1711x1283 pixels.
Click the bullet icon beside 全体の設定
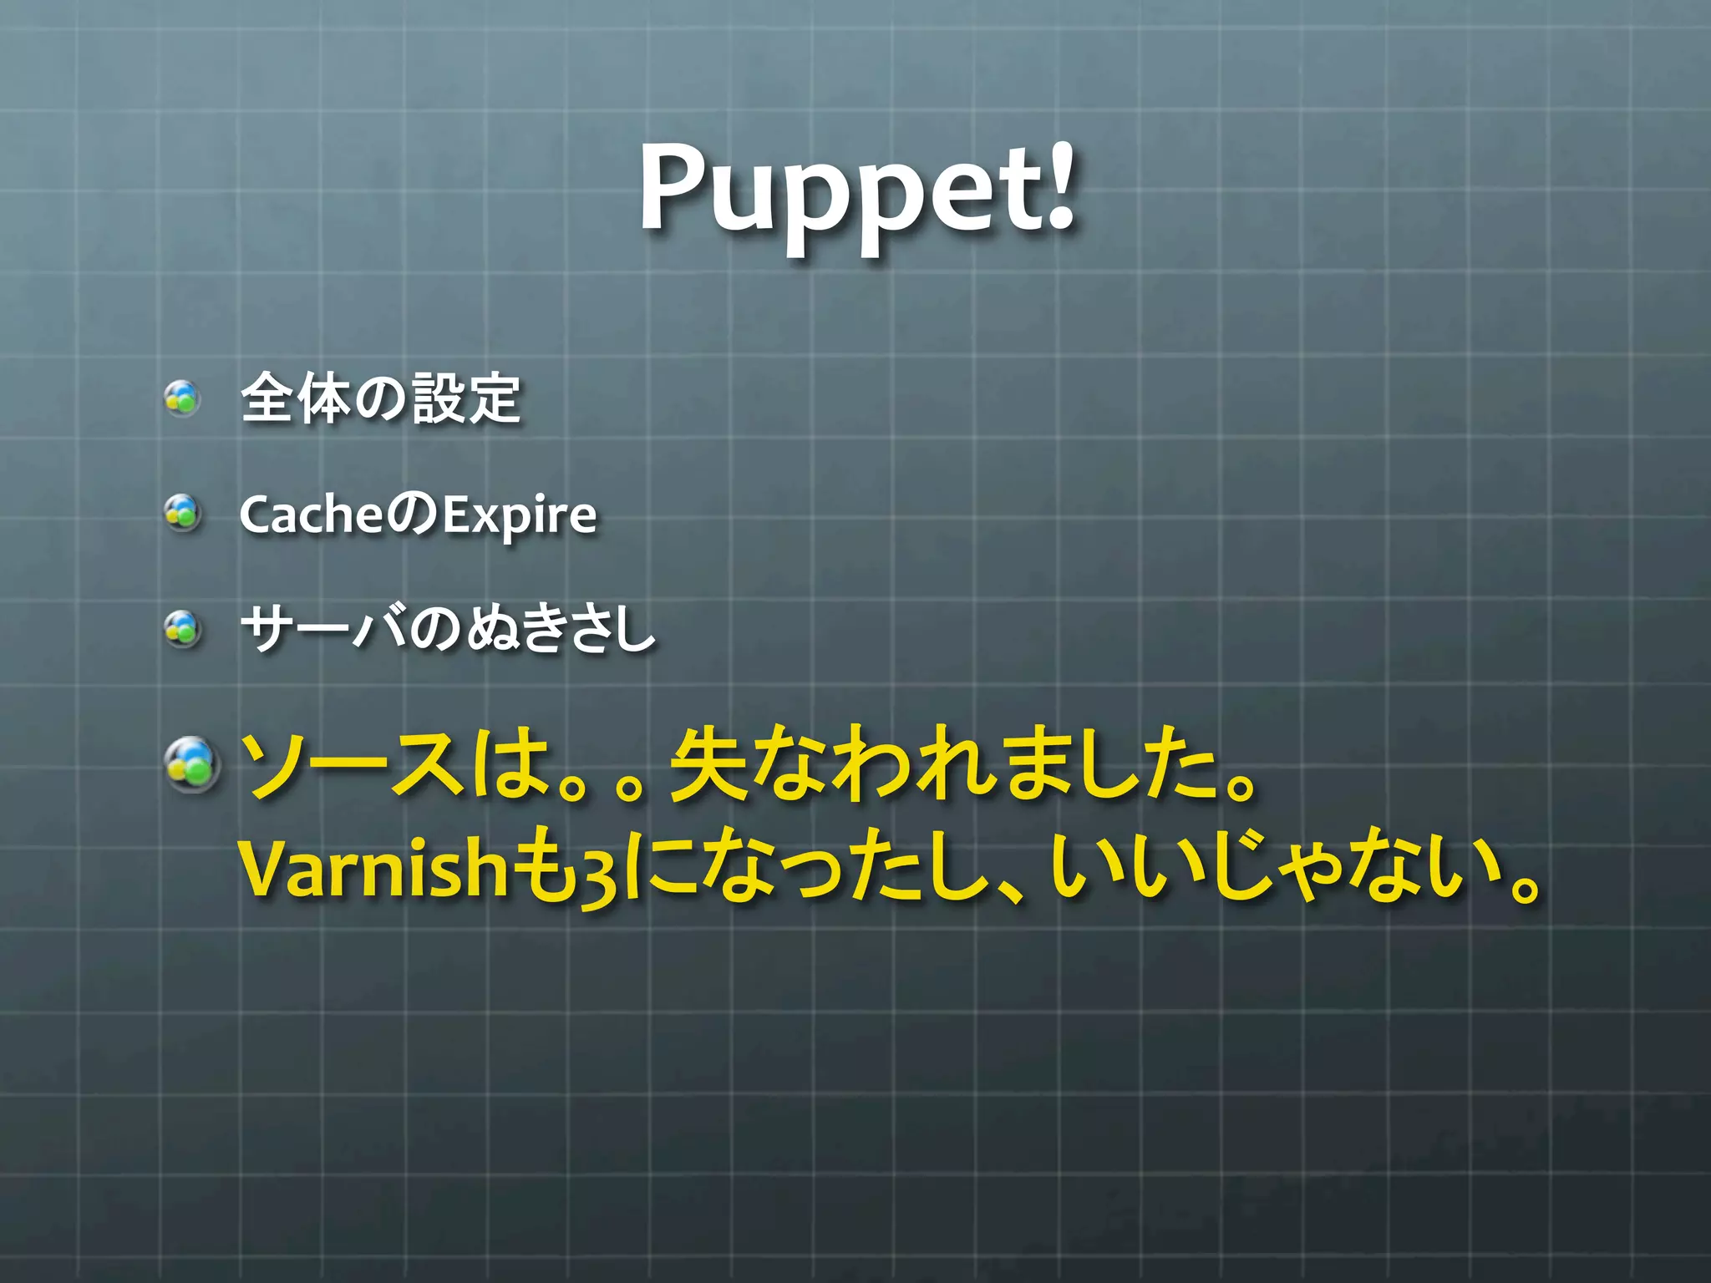point(182,398)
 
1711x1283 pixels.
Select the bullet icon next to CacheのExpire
point(182,513)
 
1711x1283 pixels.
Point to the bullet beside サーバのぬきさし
point(182,628)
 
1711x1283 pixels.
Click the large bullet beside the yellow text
point(192,764)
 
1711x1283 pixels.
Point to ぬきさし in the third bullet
point(560,628)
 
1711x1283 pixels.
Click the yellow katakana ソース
point(351,764)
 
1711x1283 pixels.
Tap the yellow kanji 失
point(710,764)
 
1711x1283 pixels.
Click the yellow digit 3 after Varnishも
point(599,875)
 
